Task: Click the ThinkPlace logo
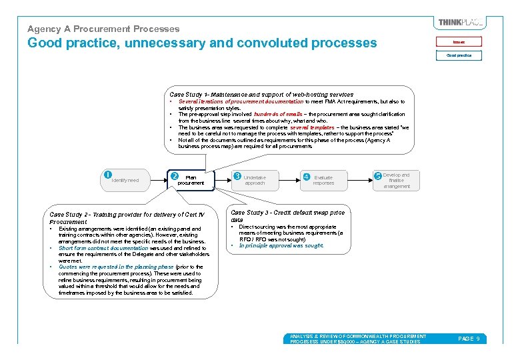(x=461, y=23)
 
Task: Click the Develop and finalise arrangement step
(x=397, y=181)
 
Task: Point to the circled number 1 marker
(x=108, y=175)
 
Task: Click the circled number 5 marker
(x=378, y=176)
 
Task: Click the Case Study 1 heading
(x=261, y=95)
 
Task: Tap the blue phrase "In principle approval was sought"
(x=281, y=245)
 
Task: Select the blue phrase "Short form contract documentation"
(x=103, y=248)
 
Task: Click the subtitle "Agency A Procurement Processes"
(x=103, y=29)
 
